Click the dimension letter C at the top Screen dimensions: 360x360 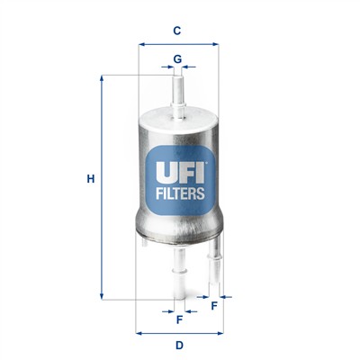pyautogui.click(x=178, y=30)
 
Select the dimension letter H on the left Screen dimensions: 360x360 pyautogui.click(x=90, y=179)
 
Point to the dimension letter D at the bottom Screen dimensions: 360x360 pyautogui.click(x=179, y=346)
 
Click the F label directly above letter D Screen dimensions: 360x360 pyautogui.click(x=179, y=319)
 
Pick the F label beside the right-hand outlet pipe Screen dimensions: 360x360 pyautogui.click(x=214, y=306)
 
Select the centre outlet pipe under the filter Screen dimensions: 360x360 pyautogui.click(x=179, y=270)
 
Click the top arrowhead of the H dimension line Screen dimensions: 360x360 pyautogui.click(x=102, y=78)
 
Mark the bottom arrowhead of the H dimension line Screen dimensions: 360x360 pyautogui.click(x=102, y=296)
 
